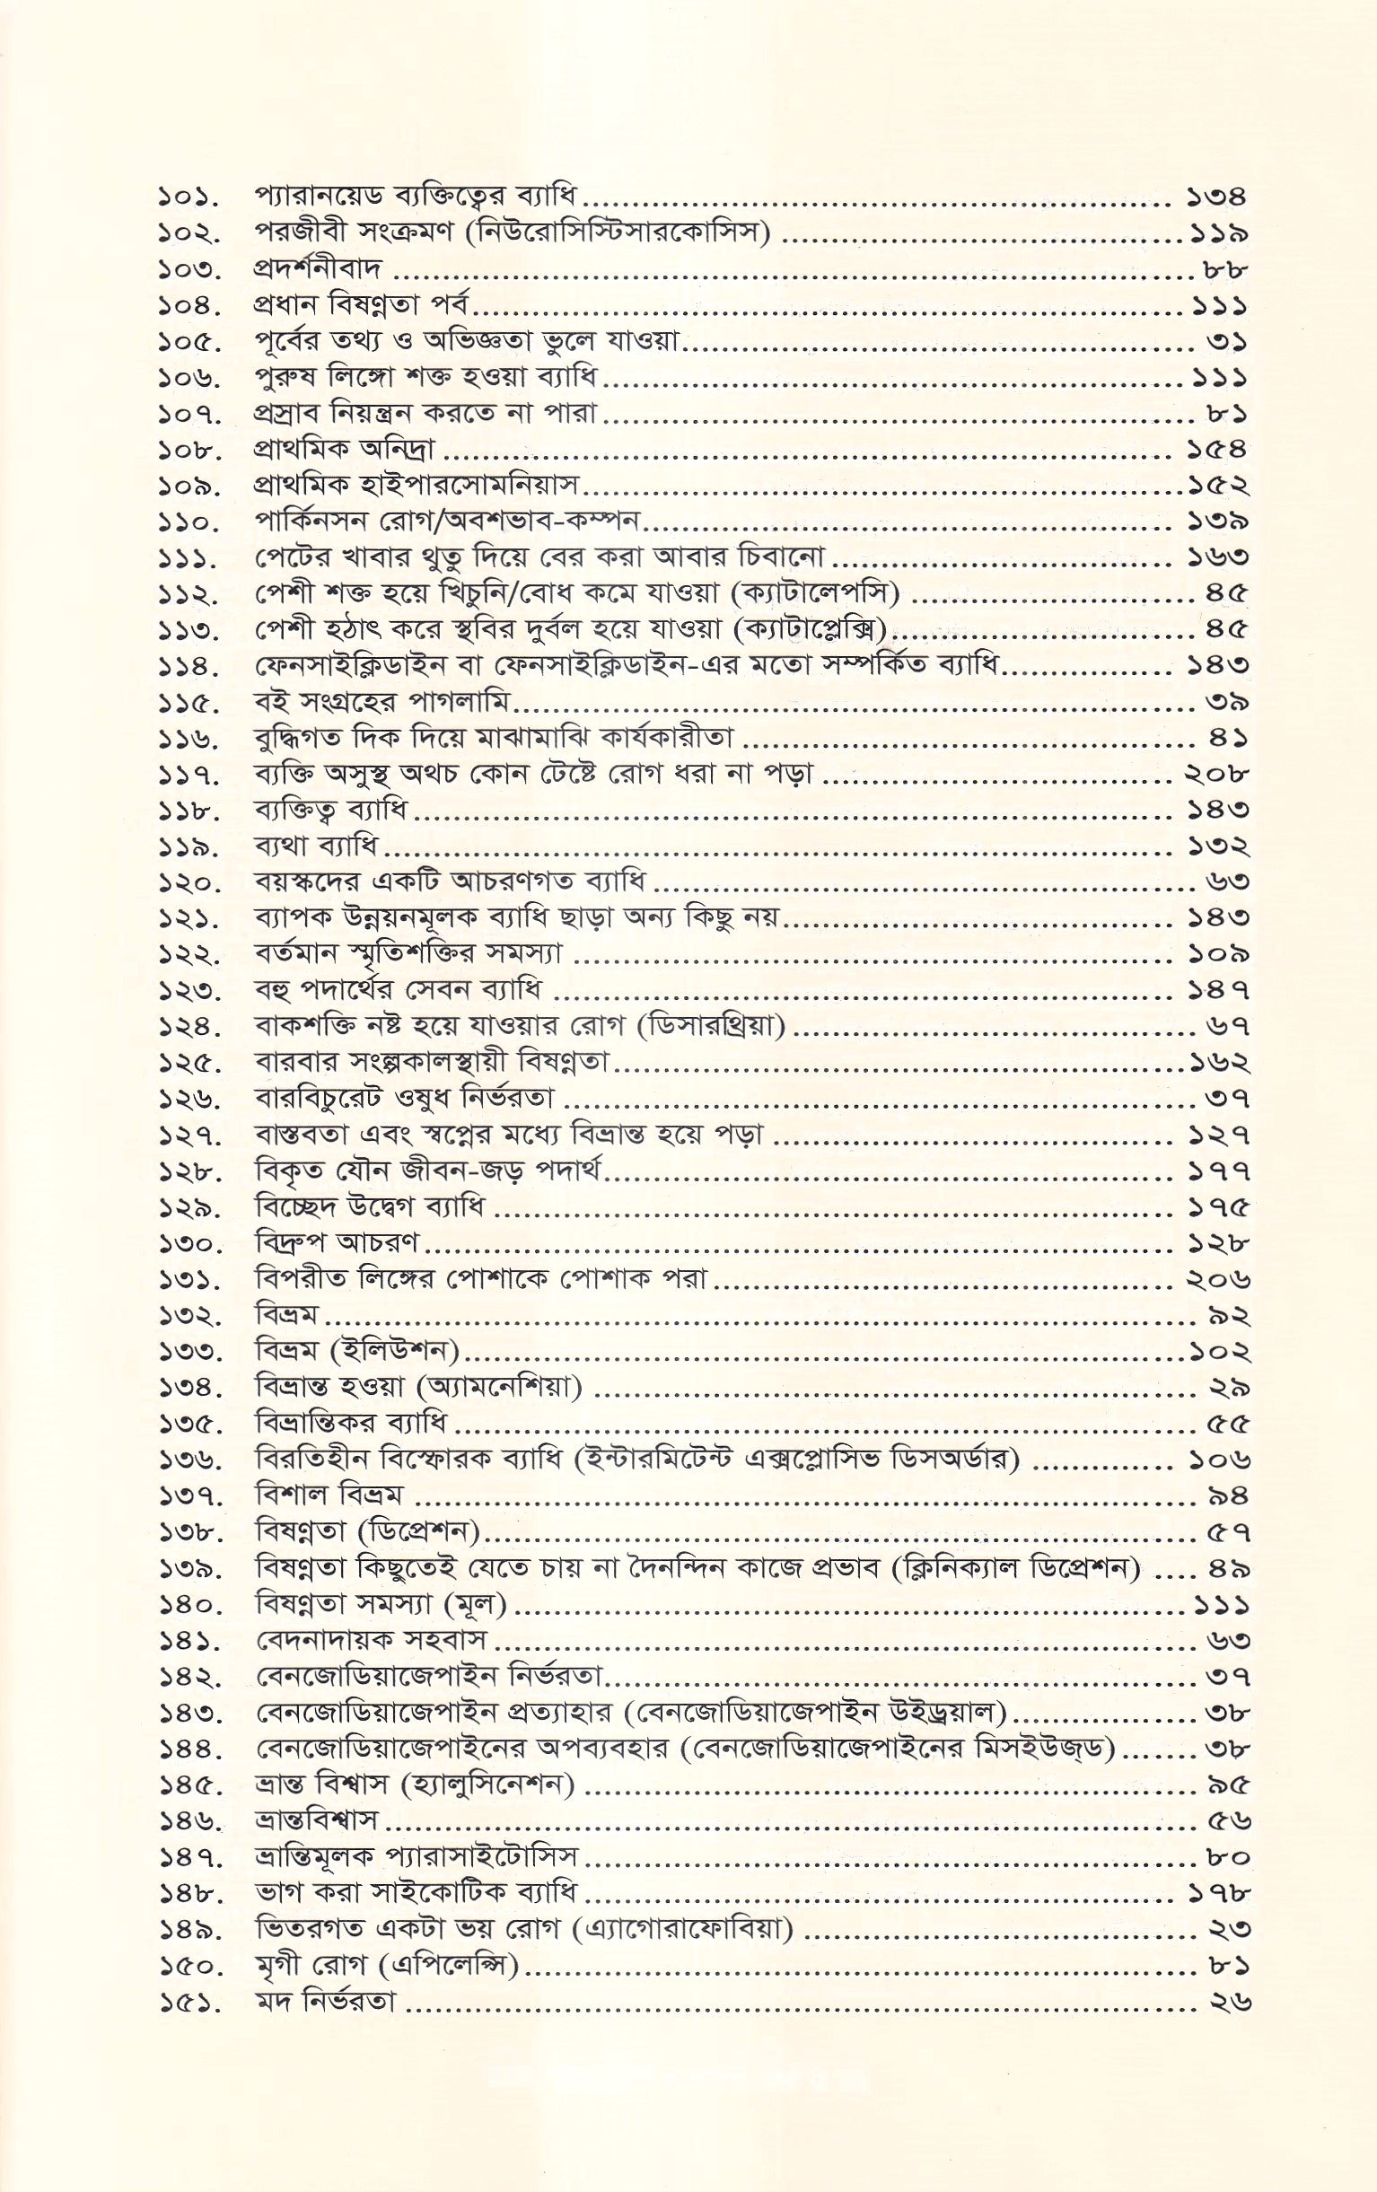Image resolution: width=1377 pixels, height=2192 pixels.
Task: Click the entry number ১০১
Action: [188, 196]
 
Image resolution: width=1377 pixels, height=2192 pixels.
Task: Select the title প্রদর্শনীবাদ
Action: [318, 268]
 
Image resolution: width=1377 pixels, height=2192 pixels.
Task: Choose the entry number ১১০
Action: [188, 522]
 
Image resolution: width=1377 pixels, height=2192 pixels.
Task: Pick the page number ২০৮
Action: [1217, 775]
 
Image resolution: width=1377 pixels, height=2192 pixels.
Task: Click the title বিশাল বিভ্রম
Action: [329, 1495]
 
